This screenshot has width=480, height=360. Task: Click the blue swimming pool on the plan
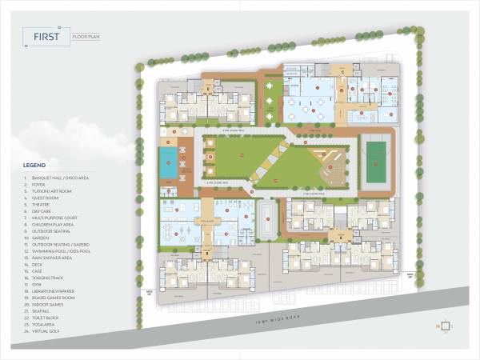(x=168, y=162)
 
